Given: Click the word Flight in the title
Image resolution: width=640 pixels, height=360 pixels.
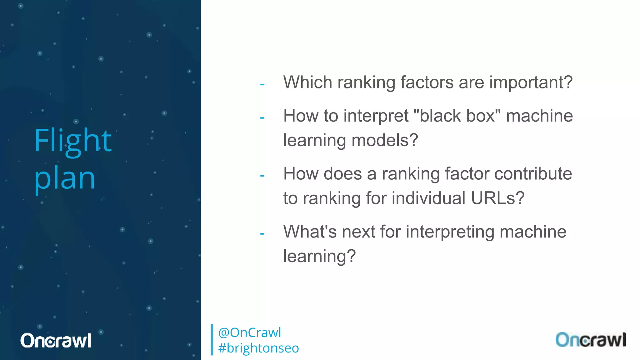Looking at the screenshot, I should [x=72, y=141].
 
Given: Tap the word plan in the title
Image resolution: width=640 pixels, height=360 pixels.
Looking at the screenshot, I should [x=64, y=178].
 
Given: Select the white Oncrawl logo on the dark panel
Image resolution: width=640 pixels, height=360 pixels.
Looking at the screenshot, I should [x=56, y=340].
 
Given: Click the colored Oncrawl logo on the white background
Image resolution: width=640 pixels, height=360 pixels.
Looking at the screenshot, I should [x=590, y=340].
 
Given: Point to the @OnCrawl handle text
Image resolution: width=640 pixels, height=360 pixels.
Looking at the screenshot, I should [x=249, y=332].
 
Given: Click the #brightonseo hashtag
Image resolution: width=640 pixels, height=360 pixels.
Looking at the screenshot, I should [x=258, y=348].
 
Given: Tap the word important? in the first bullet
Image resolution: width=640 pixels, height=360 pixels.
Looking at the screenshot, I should [x=531, y=82].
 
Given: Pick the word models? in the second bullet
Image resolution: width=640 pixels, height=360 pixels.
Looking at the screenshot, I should [x=385, y=140].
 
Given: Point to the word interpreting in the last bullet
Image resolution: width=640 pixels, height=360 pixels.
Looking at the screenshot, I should [x=450, y=232].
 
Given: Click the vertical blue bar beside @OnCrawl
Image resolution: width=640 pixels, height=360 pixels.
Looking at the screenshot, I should [x=212, y=340].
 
